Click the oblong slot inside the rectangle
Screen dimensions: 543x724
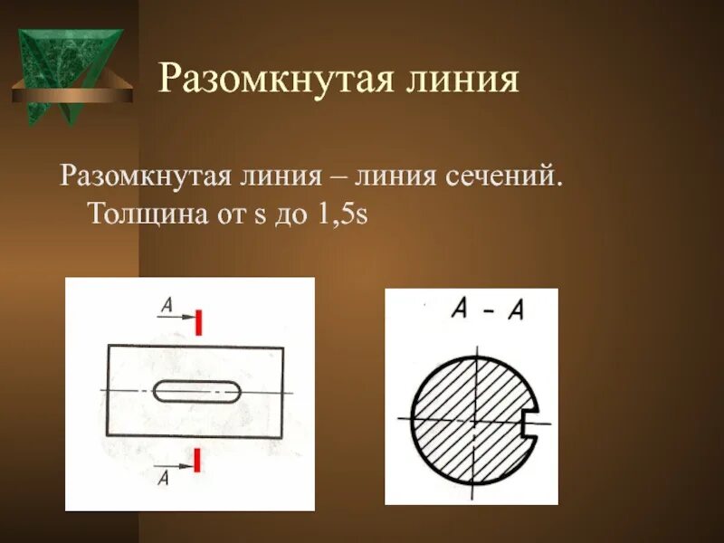pos(196,391)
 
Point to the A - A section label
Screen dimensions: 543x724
pos(487,311)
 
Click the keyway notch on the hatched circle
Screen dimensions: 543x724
pos(533,420)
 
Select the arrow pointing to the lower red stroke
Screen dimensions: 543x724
pos(181,467)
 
